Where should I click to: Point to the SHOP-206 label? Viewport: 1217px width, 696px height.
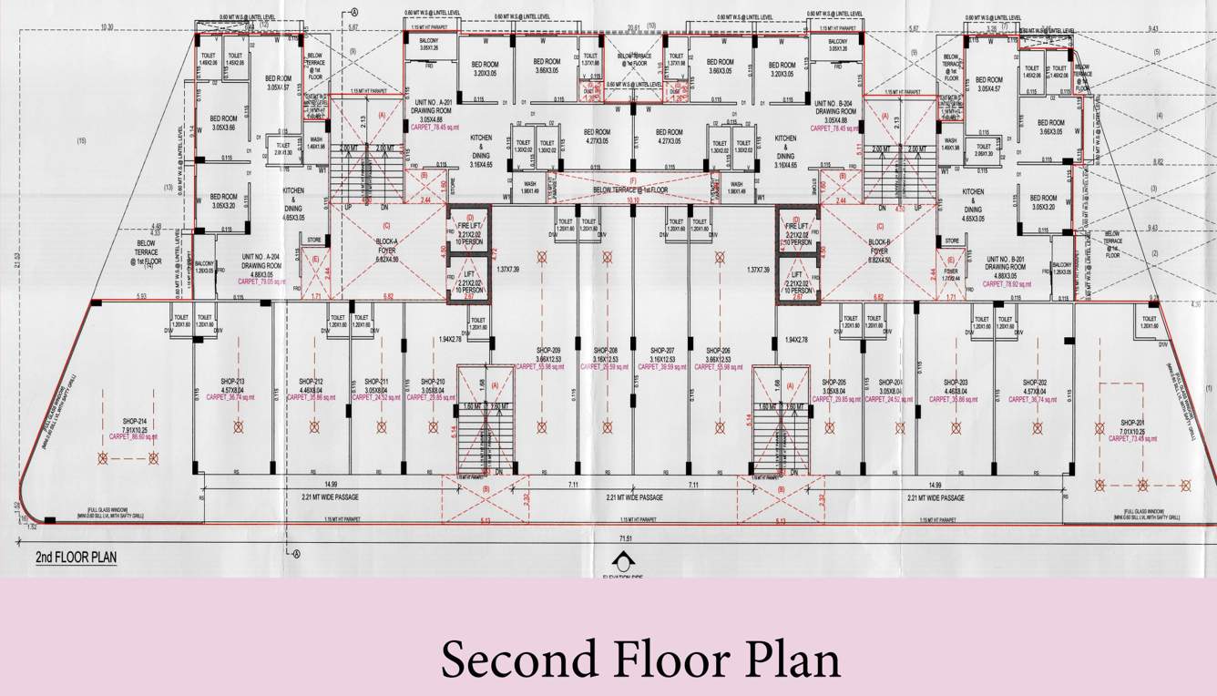click(x=719, y=351)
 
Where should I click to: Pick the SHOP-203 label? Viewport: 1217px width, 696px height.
click(x=956, y=382)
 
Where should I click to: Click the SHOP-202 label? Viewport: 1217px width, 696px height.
click(x=1035, y=382)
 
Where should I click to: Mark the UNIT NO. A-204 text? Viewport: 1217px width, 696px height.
click(x=260, y=258)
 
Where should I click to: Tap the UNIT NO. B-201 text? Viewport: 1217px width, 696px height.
click(x=1007, y=258)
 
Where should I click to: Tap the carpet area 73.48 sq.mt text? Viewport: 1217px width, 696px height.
click(x=1133, y=438)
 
